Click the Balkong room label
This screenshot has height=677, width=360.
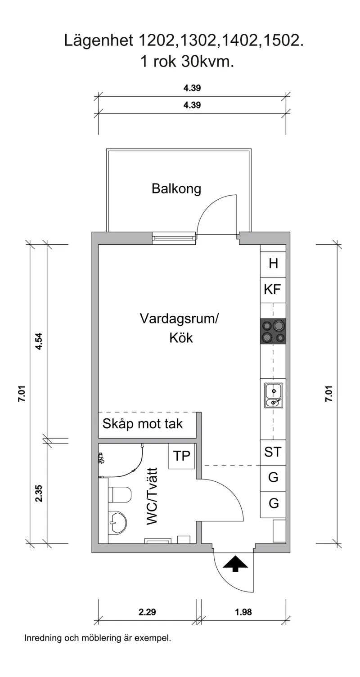coord(176,188)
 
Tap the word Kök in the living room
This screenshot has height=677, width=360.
coord(181,338)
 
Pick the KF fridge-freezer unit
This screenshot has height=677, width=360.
coord(273,290)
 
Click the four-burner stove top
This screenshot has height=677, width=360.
coord(273,331)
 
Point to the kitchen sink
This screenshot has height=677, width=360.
coord(273,395)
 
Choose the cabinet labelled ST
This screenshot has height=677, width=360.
coord(273,452)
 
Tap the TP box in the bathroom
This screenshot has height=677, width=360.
coord(182,456)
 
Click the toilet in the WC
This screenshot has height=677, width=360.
coord(120,495)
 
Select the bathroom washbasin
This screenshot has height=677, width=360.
coord(118,523)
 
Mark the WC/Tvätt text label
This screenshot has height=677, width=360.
coord(153,496)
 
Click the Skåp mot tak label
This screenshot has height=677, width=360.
coord(143,424)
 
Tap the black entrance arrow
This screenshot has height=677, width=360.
coord(235,563)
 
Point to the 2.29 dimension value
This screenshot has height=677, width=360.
coord(148,612)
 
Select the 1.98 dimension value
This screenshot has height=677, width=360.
coord(243,612)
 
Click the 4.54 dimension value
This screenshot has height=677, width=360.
coord(39,341)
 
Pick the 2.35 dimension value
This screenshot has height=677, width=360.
coord(39,493)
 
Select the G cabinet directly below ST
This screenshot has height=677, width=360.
coord(273,478)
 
